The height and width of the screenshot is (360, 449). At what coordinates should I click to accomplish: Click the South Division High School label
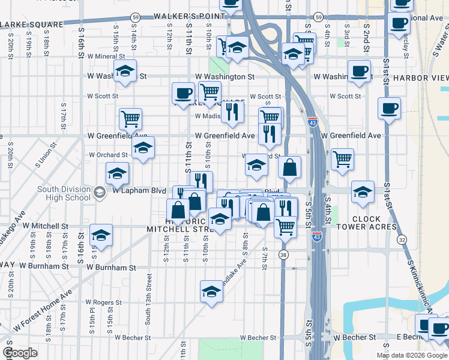[x=63, y=193]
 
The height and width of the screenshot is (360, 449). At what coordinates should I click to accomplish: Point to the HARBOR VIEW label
[x=421, y=79]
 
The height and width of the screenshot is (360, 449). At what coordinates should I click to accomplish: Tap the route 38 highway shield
[x=282, y=255]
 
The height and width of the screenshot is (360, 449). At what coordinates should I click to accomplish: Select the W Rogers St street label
[x=104, y=303]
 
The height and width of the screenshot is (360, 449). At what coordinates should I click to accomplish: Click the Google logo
[x=20, y=352]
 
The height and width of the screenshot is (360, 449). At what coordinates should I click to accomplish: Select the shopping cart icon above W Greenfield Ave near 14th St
[x=130, y=118]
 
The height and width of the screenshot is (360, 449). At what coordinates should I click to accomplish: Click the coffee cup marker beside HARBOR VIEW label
[x=360, y=70]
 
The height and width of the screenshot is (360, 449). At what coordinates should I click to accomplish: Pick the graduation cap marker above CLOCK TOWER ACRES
[x=363, y=192]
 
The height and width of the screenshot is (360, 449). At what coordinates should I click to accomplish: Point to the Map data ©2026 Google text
[x=411, y=355]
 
